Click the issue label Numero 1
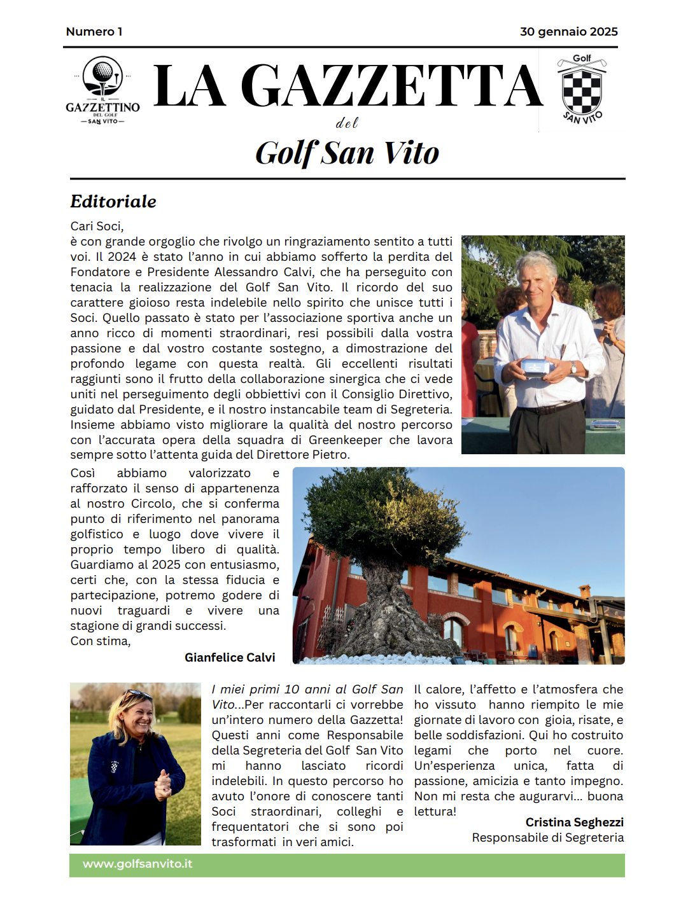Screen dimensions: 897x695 [94, 32]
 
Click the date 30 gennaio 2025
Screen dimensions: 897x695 [568, 32]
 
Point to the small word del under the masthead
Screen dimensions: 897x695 [347, 123]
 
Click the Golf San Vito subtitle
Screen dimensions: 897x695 [347, 153]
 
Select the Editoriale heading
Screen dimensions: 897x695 [113, 202]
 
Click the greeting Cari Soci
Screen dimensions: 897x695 [97, 226]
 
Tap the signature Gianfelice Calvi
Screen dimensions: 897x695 [230, 658]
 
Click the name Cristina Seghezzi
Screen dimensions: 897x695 [574, 823]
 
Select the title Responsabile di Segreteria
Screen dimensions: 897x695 [547, 838]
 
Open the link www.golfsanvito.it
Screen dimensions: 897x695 [137, 864]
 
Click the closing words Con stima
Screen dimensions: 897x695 [101, 641]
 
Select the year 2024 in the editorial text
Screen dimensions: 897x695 [122, 257]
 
